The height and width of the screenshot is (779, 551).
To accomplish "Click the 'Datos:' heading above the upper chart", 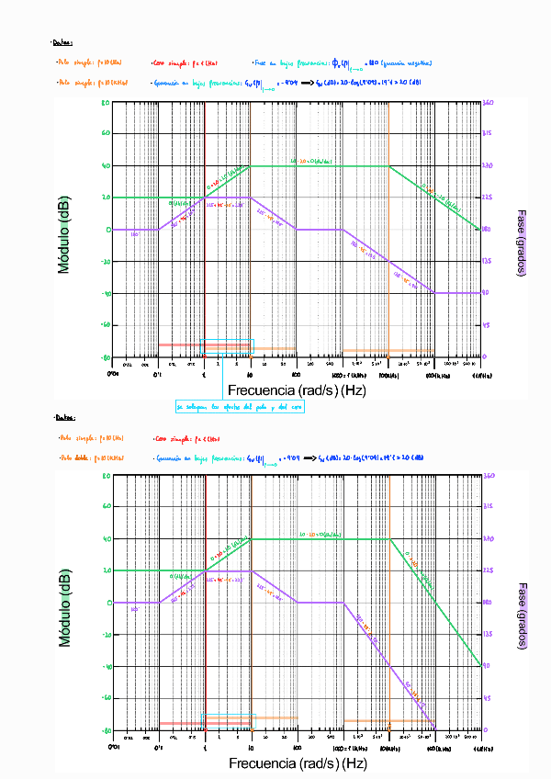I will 63,42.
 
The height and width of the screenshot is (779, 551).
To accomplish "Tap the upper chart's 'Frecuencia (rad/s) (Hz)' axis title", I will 297,390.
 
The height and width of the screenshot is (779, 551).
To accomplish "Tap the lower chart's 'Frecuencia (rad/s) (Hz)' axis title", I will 297,763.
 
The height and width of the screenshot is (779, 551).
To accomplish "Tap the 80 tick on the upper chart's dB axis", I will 106,102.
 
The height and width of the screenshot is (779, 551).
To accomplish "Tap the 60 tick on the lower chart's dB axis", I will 106,507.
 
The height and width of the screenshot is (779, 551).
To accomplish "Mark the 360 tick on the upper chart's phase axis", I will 488,102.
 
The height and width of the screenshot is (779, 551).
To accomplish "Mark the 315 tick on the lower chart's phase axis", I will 488,507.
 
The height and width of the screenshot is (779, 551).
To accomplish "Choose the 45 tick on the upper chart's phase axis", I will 488,325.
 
